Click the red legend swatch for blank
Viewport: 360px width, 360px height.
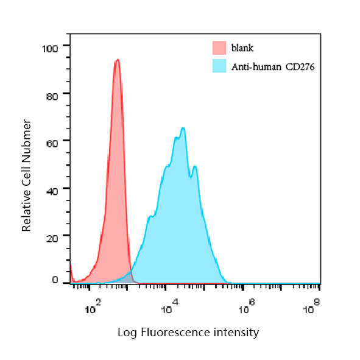coord(219,48)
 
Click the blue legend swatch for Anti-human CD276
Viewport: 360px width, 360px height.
coord(219,66)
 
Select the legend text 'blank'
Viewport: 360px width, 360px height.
coord(242,48)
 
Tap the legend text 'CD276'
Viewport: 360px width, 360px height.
coord(300,67)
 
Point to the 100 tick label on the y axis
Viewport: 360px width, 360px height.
coord(50,49)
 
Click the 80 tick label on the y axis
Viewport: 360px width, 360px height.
coord(52,96)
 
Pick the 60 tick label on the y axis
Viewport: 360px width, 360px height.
coord(52,144)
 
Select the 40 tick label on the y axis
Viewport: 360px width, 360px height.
coord(52,191)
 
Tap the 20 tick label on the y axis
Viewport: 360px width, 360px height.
coord(52,239)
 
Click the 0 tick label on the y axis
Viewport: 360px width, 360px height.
coord(55,280)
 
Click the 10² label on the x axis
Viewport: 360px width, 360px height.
coord(93,306)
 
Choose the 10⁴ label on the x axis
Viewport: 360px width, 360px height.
coord(170,306)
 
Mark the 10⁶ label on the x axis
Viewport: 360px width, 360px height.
coord(247,306)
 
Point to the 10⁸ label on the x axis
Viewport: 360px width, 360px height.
coord(311,306)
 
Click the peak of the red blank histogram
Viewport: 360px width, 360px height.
coord(118,60)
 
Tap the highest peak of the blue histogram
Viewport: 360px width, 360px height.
coord(183,128)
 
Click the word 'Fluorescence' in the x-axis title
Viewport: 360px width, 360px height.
coord(175,332)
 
